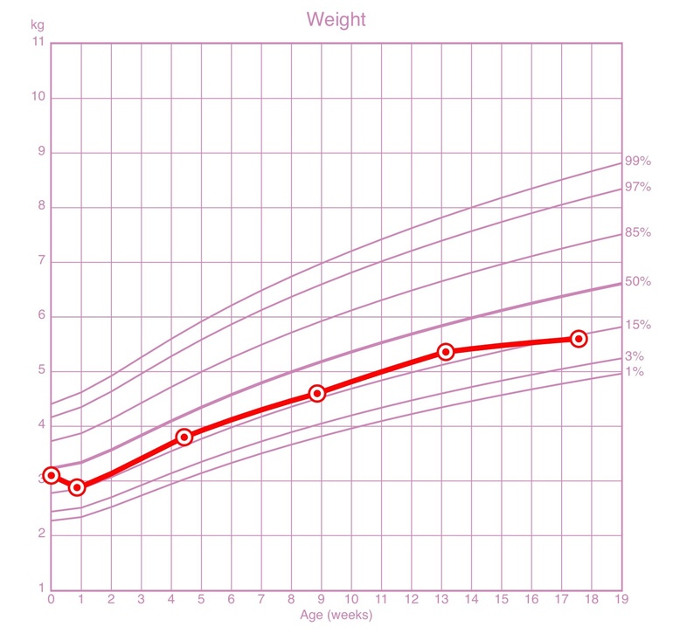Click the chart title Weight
tap(336, 19)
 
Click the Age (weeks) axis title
tap(336, 616)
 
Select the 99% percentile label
tap(637, 161)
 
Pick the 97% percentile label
tap(637, 187)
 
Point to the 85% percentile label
tap(637, 233)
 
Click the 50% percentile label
tap(637, 281)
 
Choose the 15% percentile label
tap(637, 325)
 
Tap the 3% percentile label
tap(634, 356)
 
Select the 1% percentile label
tap(634, 372)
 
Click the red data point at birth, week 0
tap(52, 475)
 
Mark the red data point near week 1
tap(77, 487)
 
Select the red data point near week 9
tap(317, 393)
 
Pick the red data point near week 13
tap(446, 352)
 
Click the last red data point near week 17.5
tap(579, 338)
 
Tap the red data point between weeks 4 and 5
tap(184, 437)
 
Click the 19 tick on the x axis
tap(621, 600)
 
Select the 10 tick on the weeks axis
tap(351, 600)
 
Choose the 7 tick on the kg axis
tap(40, 262)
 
